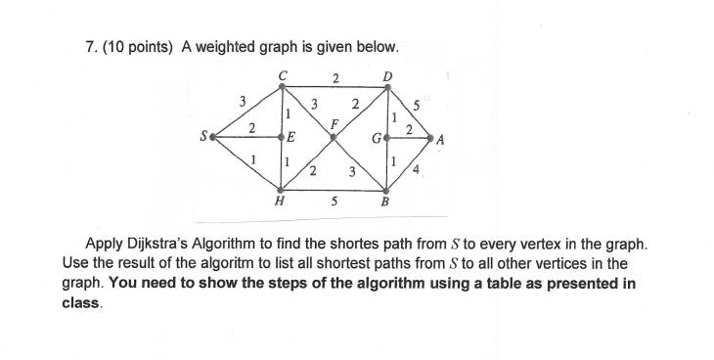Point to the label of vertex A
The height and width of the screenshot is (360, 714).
441,141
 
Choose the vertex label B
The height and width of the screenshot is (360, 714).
385,202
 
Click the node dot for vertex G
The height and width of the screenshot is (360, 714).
388,139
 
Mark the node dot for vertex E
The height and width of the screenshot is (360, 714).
282,138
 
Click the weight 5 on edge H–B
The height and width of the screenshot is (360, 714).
335,202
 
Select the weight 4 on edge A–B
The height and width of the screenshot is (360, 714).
418,172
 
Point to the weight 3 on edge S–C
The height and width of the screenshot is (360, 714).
241,100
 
